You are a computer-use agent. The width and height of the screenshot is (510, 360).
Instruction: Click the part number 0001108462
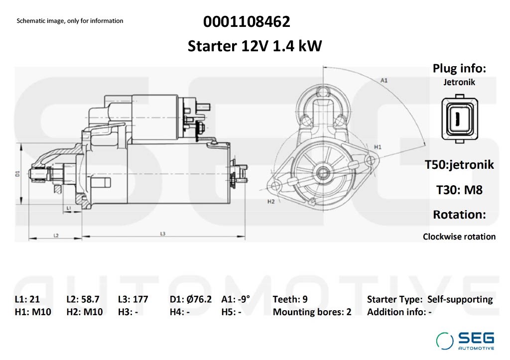[247, 22]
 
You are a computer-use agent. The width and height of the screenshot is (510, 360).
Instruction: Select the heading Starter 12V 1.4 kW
[255, 46]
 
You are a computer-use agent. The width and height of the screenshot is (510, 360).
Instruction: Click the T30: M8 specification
[459, 189]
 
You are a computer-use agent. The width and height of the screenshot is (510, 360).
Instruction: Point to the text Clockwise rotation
[459, 237]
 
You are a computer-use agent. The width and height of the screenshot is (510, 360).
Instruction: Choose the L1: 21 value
[27, 299]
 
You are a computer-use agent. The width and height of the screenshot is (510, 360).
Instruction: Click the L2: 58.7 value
[83, 299]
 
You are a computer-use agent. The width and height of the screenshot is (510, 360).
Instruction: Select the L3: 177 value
[133, 299]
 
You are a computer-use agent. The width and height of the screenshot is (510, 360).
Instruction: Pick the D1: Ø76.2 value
[191, 299]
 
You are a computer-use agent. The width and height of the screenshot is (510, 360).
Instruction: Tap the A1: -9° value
[236, 299]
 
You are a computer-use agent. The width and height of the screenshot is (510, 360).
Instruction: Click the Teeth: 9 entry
[290, 299]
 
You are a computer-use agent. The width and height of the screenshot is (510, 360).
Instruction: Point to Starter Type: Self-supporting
[429, 299]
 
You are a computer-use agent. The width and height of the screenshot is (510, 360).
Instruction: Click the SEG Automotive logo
[465, 341]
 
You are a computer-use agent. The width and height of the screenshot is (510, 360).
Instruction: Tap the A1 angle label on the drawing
[384, 80]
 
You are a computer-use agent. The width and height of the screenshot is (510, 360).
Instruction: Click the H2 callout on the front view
[271, 202]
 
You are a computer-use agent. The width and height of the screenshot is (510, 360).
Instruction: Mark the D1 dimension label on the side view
[17, 173]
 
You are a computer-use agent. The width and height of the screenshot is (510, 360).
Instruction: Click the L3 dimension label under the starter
[163, 234]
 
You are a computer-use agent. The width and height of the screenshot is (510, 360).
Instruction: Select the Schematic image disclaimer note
[70, 21]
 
